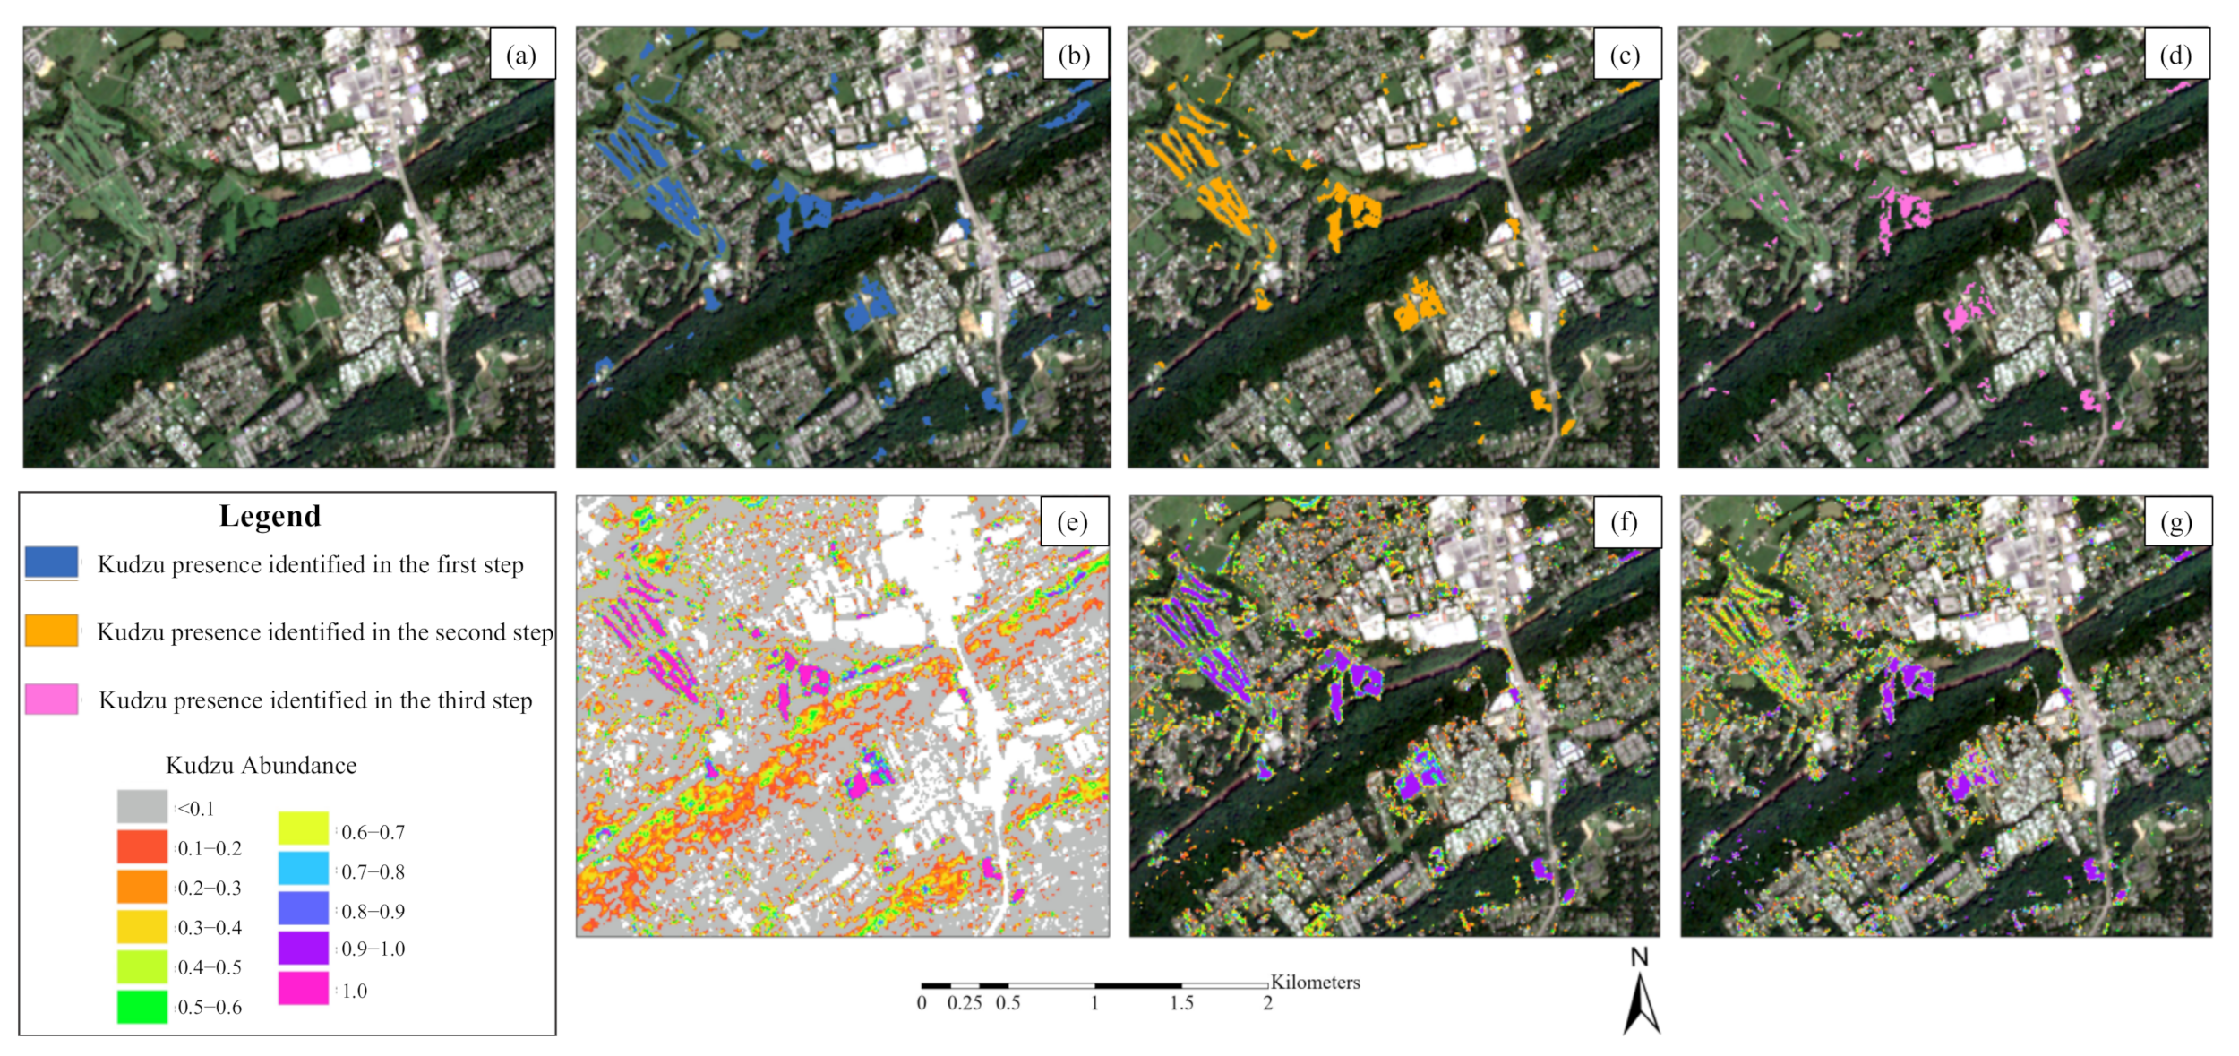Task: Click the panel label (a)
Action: [521, 55]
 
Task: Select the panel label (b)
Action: [1074, 55]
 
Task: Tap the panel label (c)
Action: [1625, 55]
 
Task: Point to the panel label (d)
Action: [2175, 55]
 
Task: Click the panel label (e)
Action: [1072, 521]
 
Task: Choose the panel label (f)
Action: [1625, 521]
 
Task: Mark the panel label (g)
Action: [2176, 521]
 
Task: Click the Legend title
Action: [270, 516]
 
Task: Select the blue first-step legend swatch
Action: [52, 563]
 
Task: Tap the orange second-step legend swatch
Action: [52, 631]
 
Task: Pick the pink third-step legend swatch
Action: [52, 699]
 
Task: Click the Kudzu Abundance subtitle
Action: [261, 765]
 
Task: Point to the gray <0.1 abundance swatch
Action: [142, 806]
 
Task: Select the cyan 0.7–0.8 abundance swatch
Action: [303, 868]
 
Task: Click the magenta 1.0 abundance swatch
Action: [303, 988]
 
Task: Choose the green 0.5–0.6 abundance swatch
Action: [142, 1006]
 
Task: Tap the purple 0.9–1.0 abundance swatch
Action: [303, 948]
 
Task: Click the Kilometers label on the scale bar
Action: [1315, 982]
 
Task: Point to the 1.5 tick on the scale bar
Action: [1181, 1003]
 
